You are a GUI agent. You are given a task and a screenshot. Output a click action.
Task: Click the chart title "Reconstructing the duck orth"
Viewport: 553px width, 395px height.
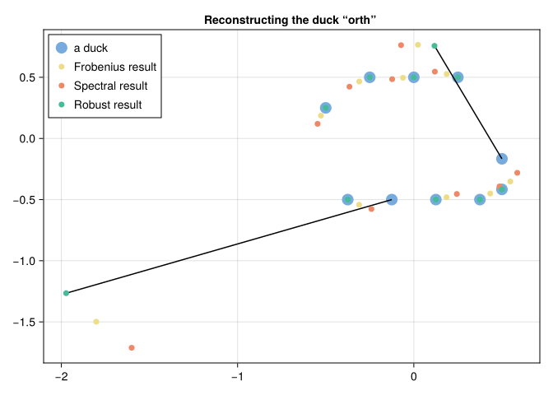[290, 19]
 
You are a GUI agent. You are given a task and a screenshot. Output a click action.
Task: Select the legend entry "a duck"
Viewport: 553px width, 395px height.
[91, 48]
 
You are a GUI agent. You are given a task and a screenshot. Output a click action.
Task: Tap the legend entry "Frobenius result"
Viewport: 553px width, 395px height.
[114, 67]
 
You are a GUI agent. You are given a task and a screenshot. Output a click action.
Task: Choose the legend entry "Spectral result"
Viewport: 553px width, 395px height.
[110, 86]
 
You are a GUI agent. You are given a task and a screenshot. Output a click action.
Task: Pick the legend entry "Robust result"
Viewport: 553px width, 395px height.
[107, 105]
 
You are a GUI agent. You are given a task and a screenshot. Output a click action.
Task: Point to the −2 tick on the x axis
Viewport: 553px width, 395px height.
[61, 375]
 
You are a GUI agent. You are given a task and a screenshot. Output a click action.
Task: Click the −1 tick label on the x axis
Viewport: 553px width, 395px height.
[237, 375]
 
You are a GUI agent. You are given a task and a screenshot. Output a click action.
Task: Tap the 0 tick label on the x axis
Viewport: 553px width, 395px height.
[413, 375]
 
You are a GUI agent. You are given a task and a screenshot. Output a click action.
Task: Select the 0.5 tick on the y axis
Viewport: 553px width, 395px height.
[28, 77]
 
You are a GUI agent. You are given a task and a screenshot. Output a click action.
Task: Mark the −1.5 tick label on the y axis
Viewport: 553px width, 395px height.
[24, 322]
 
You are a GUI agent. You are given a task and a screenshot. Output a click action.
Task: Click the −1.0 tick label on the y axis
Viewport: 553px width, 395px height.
[24, 261]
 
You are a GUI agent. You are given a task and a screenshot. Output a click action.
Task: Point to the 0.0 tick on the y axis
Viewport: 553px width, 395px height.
[28, 138]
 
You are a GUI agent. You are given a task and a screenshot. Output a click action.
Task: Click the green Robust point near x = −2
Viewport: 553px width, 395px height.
[66, 293]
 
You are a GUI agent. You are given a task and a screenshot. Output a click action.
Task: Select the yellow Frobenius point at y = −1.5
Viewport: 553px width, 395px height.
[96, 322]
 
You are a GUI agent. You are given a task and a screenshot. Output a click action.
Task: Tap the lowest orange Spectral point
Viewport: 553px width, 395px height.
[132, 348]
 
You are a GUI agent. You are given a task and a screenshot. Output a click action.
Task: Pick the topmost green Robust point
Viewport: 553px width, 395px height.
[434, 45]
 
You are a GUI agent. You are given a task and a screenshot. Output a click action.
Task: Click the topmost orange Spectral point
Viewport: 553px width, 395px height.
[401, 45]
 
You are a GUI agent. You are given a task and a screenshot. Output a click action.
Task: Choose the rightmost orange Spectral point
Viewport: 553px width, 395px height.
[517, 173]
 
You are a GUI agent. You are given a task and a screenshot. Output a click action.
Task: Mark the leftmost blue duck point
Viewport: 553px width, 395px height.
[326, 108]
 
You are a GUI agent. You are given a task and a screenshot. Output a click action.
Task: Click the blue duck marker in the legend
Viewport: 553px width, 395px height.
[60, 48]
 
